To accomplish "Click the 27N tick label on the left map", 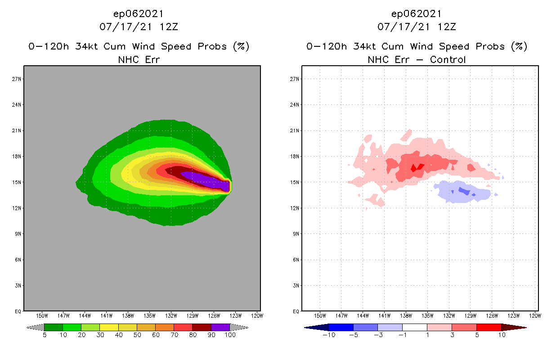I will click(x=17, y=79).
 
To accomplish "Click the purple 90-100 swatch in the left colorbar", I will click(x=220, y=327).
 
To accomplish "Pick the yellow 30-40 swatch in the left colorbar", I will click(x=109, y=327).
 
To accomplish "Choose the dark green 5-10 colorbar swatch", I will click(x=54, y=327).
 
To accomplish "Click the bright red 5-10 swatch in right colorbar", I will click(x=489, y=327).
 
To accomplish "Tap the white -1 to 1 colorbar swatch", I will click(x=415, y=327).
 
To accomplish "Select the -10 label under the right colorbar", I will click(x=328, y=335).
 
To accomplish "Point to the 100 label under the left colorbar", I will click(x=230, y=335).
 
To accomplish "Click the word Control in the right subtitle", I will click(x=448, y=59).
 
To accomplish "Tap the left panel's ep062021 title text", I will click(x=138, y=13).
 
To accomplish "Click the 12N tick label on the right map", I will click(x=295, y=208).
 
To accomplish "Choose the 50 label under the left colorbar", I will click(x=137, y=335).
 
